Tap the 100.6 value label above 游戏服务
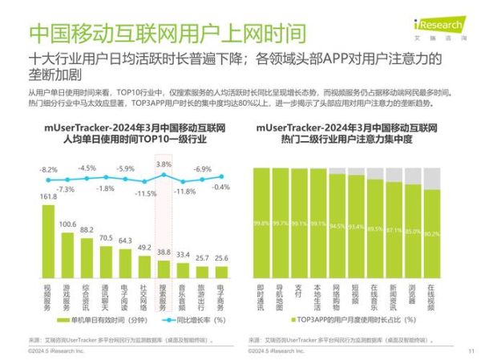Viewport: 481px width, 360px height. point(67,224)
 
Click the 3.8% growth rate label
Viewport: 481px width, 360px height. point(164,164)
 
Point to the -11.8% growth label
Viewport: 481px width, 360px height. point(184,192)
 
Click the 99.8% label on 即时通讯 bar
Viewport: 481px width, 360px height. point(261,223)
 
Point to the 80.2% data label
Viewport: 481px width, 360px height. point(432,233)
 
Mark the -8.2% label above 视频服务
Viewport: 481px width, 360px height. point(48,170)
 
